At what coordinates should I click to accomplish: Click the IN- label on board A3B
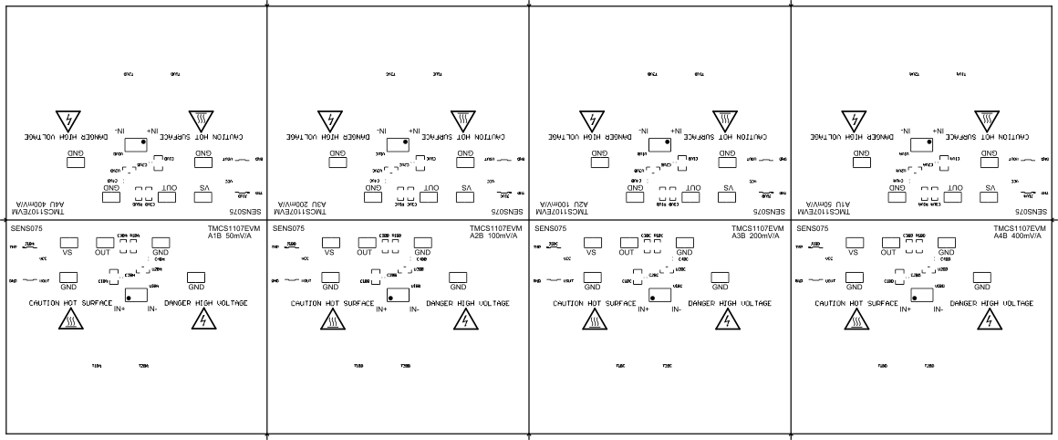coord(677,309)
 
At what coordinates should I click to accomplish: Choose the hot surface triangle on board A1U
coord(987,120)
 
